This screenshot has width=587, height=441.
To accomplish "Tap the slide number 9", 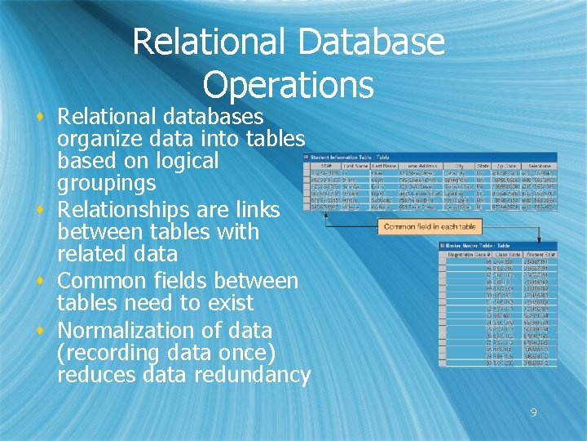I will click(533, 412).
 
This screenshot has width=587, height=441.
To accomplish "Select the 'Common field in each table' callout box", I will click(430, 226).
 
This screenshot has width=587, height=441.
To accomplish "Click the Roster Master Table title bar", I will click(477, 244).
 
